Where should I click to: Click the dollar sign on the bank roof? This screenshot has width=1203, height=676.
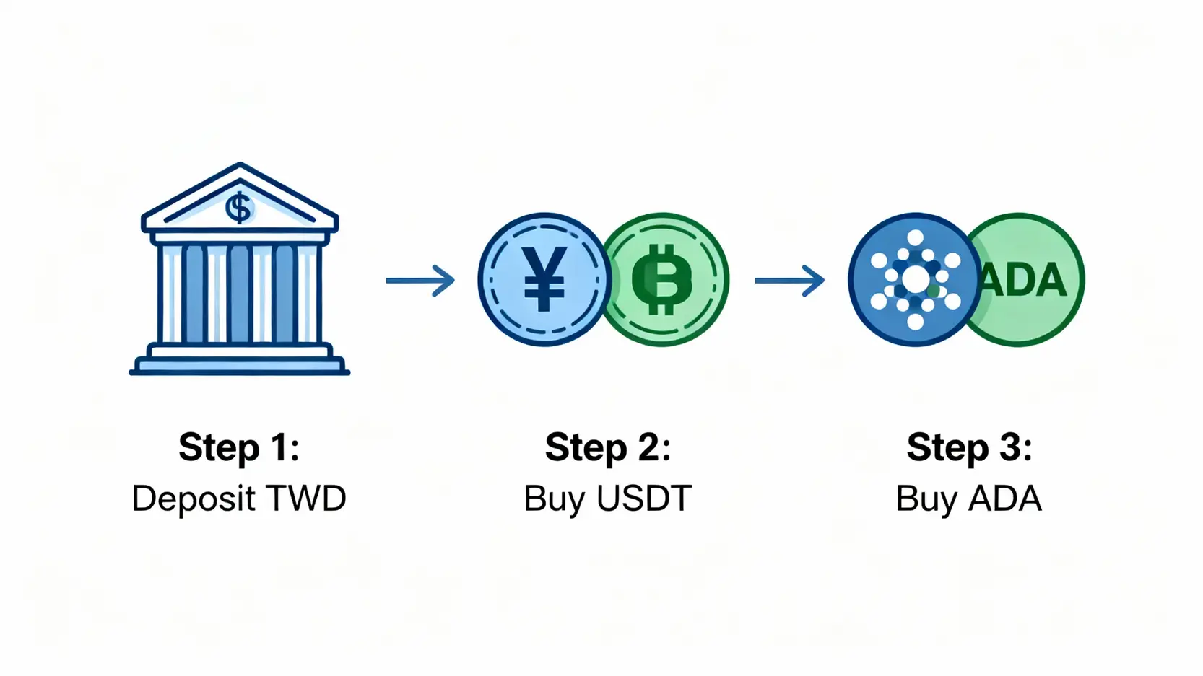[x=239, y=208]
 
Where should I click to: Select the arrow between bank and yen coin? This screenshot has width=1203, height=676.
[x=420, y=281]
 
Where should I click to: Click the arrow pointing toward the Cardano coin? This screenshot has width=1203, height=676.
[x=789, y=281]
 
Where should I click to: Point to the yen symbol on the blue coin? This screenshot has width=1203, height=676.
[x=544, y=279]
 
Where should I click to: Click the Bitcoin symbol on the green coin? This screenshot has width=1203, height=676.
[x=661, y=280]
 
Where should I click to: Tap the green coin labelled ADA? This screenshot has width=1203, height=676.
[x=1033, y=280]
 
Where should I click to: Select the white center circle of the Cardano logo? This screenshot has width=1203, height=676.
[x=916, y=280]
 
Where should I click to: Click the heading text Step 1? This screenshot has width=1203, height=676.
[x=239, y=447]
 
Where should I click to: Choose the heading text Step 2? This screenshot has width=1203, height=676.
[x=608, y=447]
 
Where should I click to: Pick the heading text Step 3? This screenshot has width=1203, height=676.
[x=969, y=447]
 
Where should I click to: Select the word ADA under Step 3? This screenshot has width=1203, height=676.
[x=1004, y=499]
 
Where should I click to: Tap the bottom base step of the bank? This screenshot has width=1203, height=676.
[x=239, y=368]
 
